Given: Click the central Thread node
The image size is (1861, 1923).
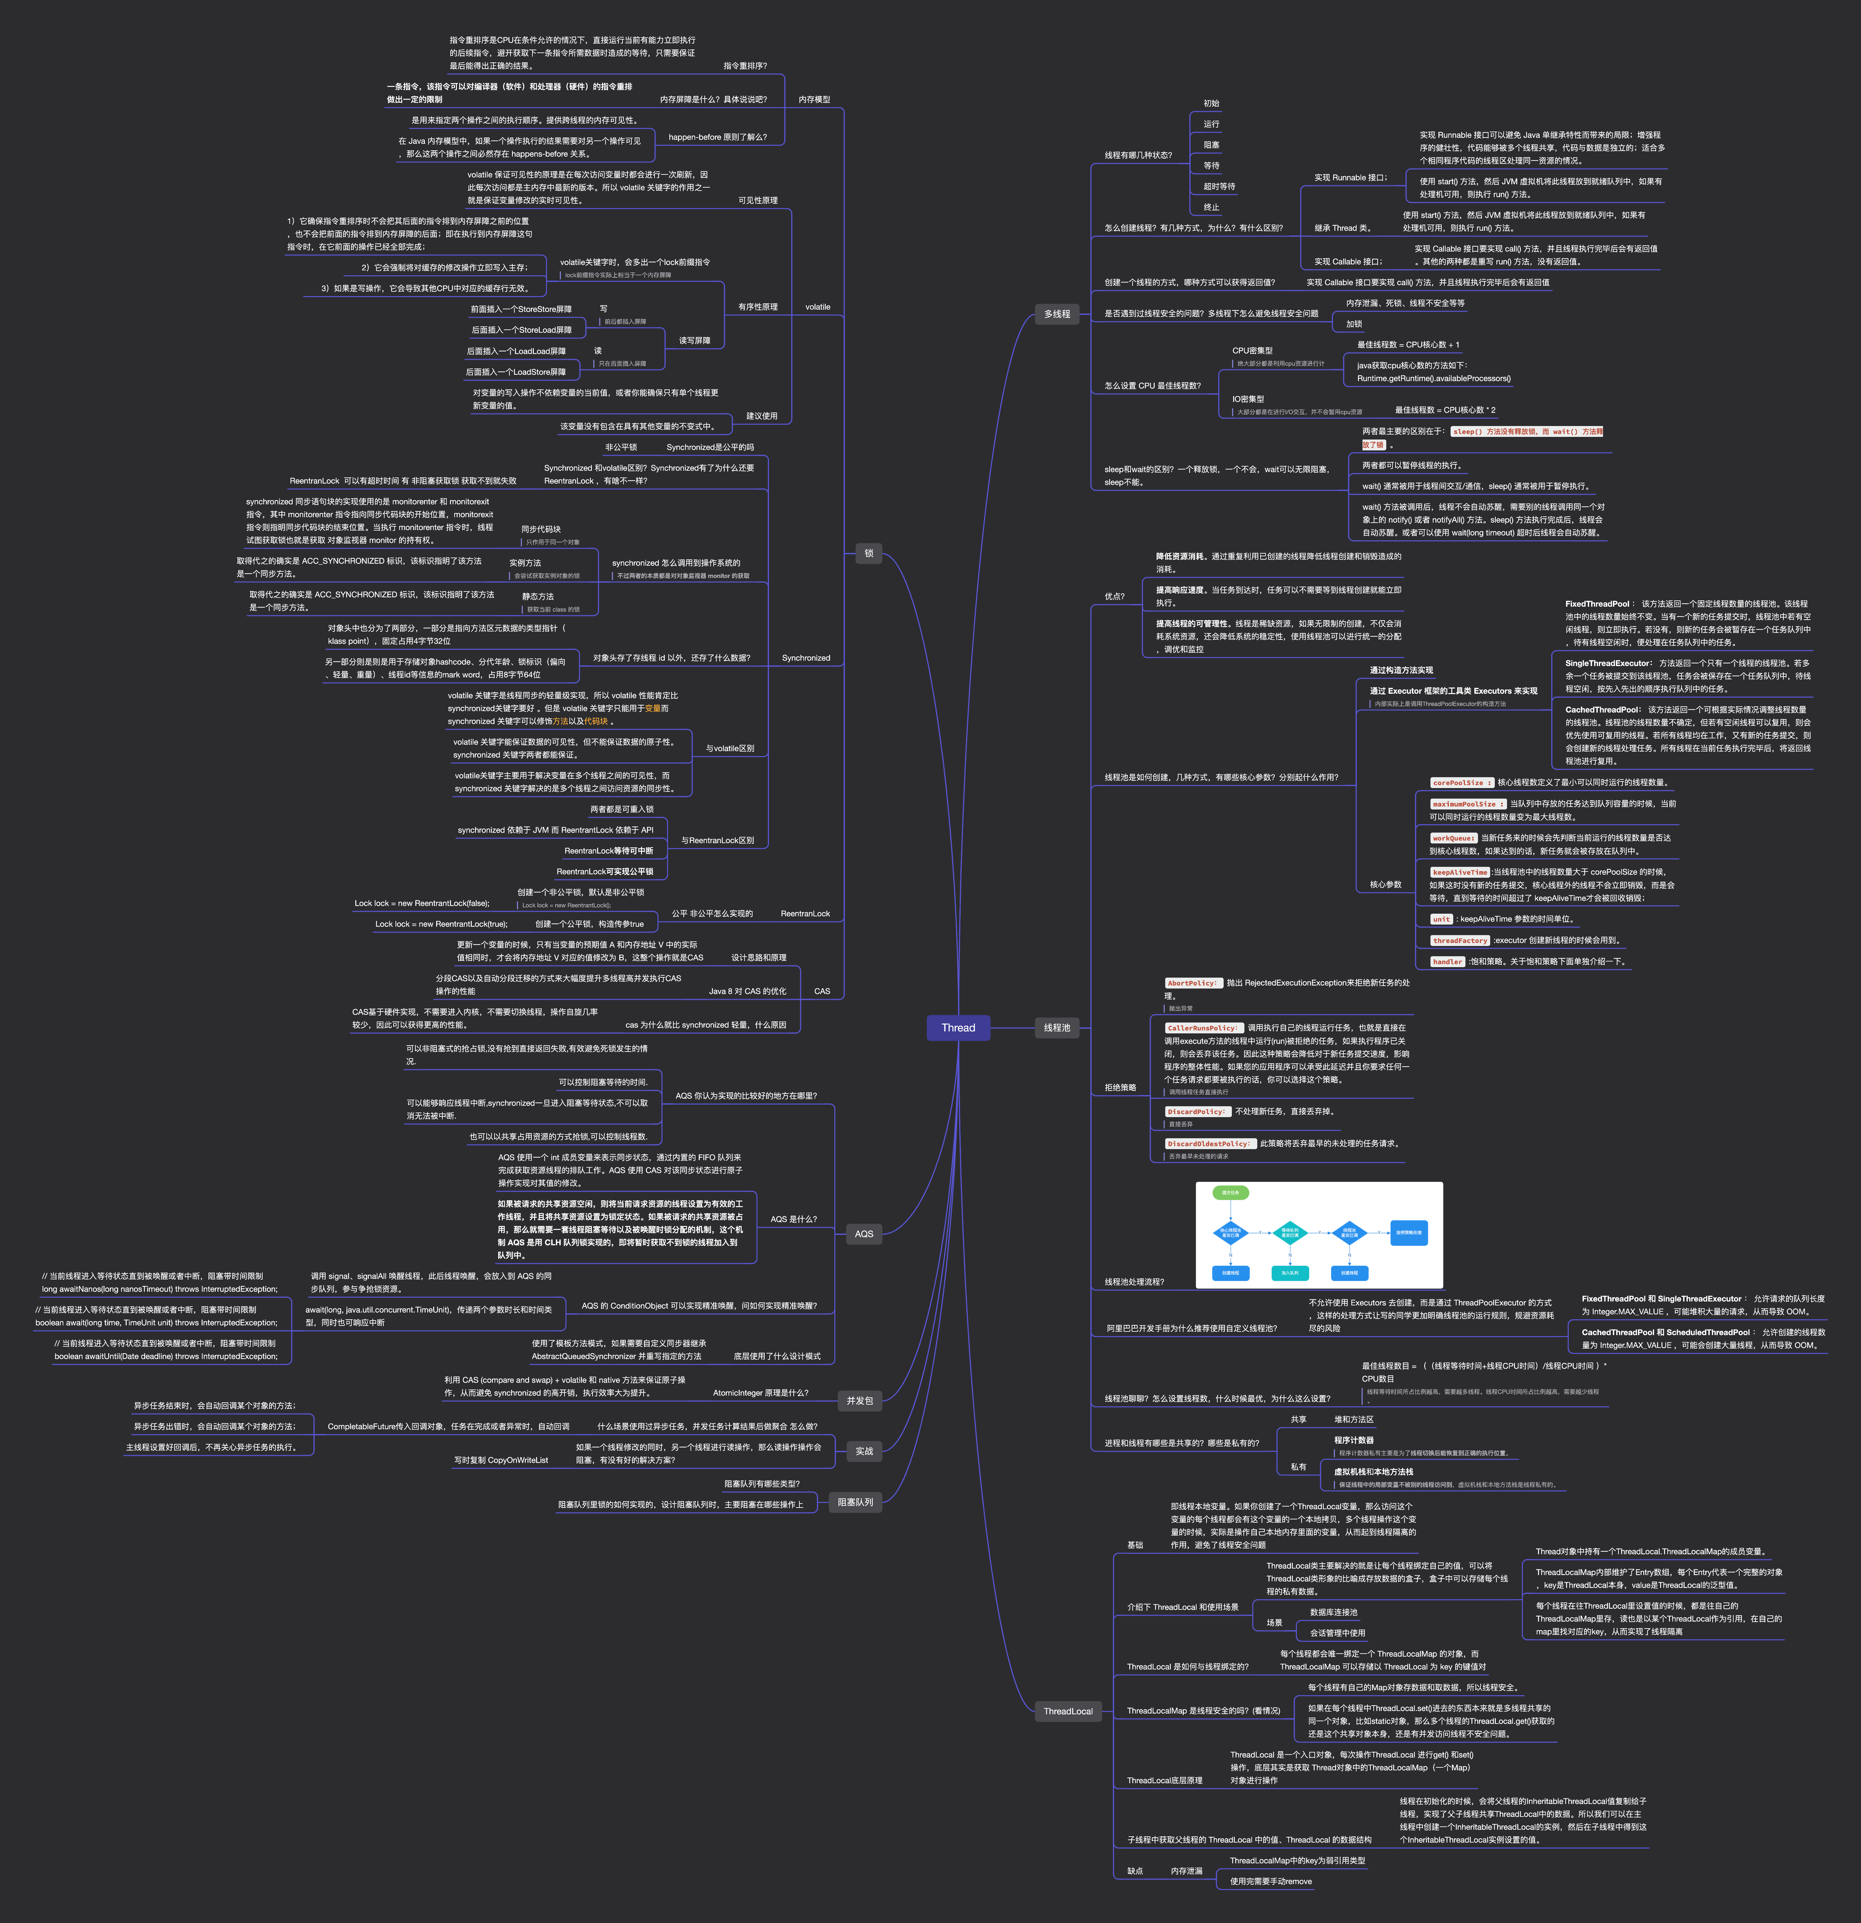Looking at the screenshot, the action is click(x=958, y=1027).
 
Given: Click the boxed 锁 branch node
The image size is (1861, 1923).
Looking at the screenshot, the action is click(x=869, y=553).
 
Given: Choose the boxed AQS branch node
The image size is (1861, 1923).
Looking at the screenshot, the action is click(x=864, y=1234).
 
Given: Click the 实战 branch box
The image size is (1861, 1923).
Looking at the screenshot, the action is click(x=864, y=1451).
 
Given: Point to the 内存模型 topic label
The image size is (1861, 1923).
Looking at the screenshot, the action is click(x=814, y=99).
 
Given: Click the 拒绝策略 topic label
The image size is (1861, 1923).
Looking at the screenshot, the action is click(x=1120, y=1087).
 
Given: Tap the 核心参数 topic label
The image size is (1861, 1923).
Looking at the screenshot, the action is click(x=1385, y=884).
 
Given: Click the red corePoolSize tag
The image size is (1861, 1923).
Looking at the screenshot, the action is click(x=1461, y=783).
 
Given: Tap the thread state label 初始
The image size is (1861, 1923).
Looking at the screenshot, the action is click(x=1211, y=103).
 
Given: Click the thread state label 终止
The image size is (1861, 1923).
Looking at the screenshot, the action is click(x=1211, y=207).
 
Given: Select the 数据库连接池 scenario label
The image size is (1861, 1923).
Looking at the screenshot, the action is click(x=1333, y=1612).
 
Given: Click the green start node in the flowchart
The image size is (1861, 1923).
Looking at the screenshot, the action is click(x=1230, y=1193).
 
